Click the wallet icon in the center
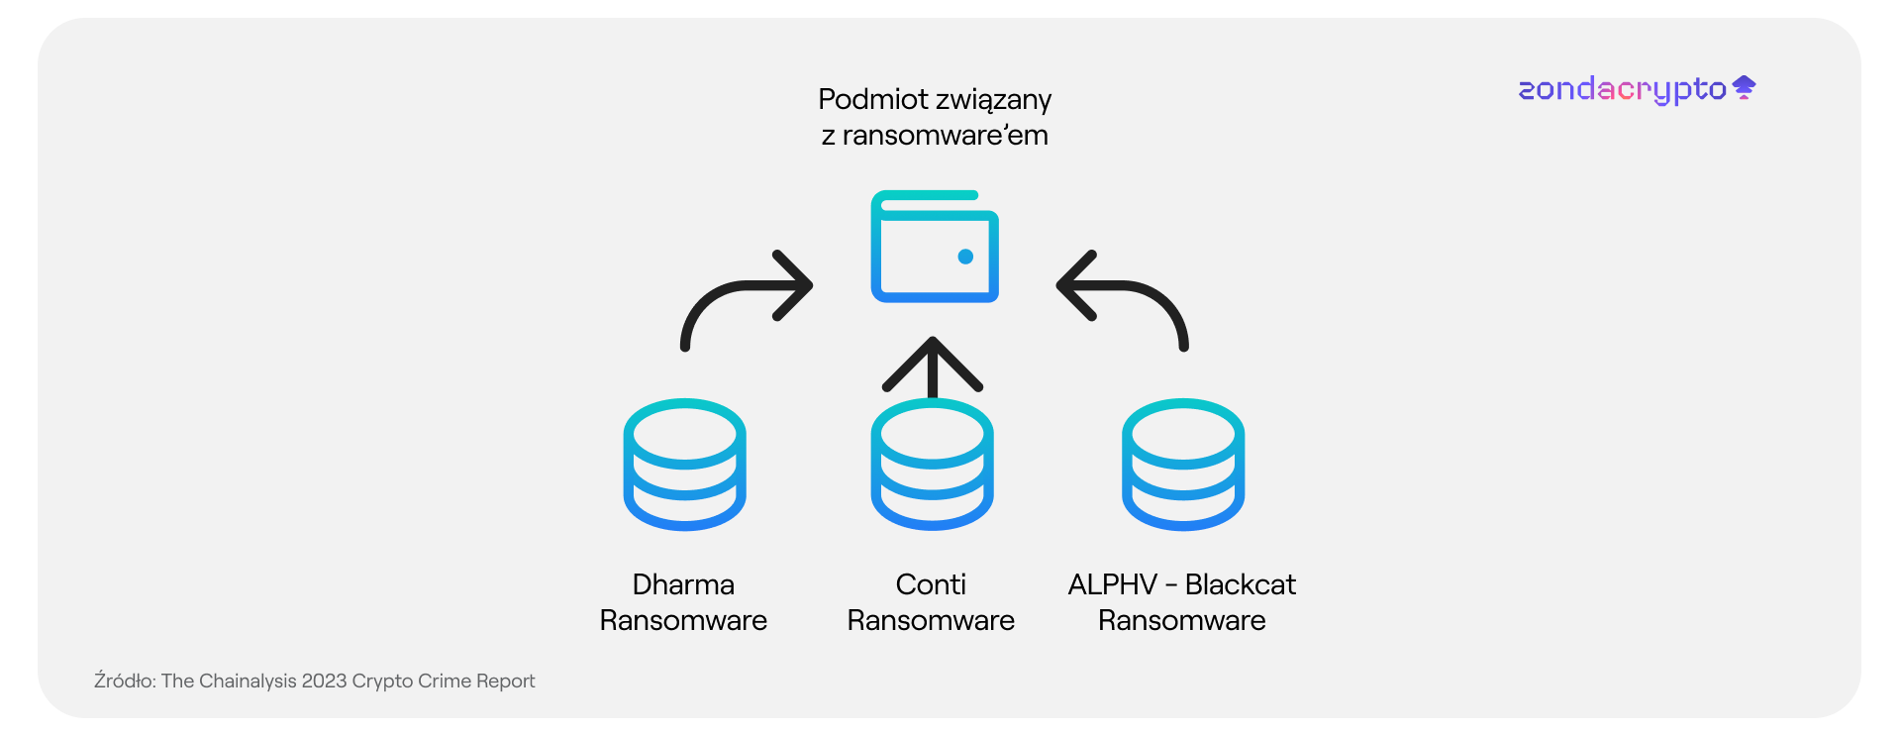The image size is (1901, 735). pos(935,247)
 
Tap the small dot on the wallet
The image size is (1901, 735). pos(965,257)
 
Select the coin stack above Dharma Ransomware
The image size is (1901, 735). pos(684,465)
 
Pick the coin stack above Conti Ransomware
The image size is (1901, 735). pos(932,465)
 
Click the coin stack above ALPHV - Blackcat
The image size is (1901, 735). pos(1183,465)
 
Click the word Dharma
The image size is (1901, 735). pos(683,584)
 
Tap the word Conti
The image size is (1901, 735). pos(931,584)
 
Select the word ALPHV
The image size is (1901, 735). pos(1112,584)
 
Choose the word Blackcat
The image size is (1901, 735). pos(1241,584)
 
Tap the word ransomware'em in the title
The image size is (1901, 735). pos(946,135)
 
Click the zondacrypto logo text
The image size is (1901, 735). pos(1622,89)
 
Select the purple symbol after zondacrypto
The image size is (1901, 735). pos(1745,88)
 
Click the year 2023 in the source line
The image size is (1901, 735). pos(324,681)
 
